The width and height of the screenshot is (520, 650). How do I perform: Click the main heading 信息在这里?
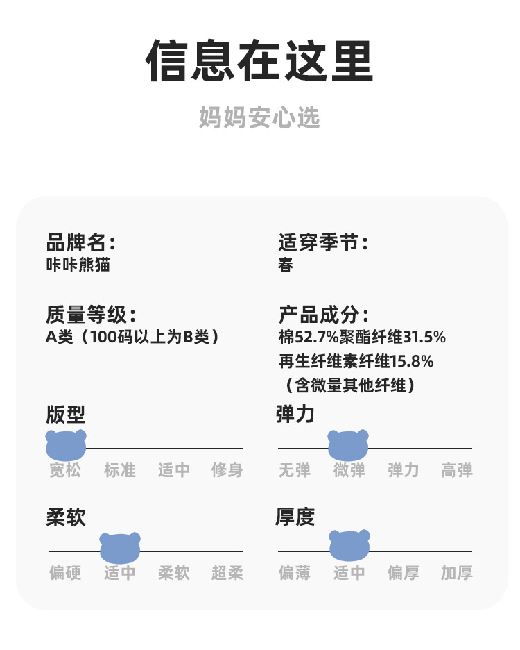pos(259,61)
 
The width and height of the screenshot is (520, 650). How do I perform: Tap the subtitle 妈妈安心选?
pos(259,117)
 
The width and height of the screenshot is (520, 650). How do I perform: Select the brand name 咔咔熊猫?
pos(78,265)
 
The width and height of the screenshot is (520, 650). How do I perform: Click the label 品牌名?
pos(80,242)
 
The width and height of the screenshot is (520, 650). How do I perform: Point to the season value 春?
pos(286,265)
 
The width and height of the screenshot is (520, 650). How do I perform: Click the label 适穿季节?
pos(323,242)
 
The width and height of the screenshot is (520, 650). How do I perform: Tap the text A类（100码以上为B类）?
pos(132,337)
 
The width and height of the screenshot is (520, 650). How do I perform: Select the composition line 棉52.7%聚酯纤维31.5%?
pos(361,337)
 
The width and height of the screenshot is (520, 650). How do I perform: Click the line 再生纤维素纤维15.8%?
pos(356,361)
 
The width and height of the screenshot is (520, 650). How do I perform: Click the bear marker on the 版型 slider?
pos(66,445)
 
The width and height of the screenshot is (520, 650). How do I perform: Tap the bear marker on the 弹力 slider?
pos(348,445)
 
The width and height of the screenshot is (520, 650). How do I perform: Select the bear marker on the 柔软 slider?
pos(120,547)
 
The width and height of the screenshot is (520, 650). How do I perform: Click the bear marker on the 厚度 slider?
pos(349,545)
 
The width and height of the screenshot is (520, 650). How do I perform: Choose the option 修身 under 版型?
pos(227,470)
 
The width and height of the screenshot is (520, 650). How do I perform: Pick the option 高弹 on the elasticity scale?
pos(457,470)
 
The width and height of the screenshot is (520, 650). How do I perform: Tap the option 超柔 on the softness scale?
pos(227,573)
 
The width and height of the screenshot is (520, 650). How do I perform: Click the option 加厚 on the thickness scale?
pos(457,573)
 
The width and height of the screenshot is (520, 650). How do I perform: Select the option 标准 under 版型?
pos(120,470)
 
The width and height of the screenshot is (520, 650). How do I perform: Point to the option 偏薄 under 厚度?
pos(295,573)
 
